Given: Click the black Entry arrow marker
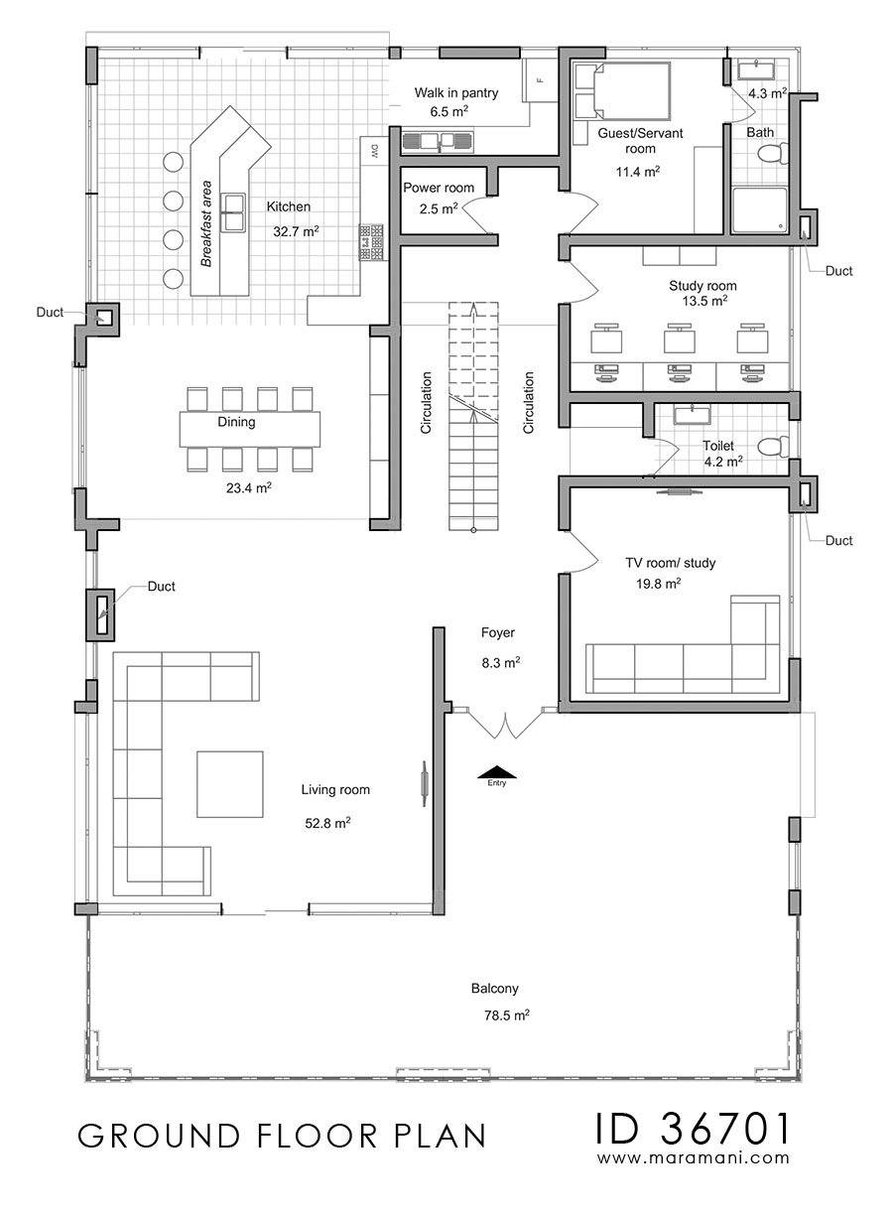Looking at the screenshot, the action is [496, 771].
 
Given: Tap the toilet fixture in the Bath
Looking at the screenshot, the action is [772, 153].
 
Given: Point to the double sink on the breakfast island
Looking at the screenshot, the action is [231, 211].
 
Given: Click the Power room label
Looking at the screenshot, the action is [439, 188].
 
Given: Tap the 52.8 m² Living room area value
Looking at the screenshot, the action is [327, 823].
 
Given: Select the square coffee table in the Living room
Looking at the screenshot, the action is [230, 784].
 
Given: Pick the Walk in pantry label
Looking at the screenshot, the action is [456, 93].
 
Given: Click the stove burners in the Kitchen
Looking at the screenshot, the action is [372, 242].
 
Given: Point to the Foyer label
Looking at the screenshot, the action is [498, 632].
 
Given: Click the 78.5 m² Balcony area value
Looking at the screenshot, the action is [507, 1015].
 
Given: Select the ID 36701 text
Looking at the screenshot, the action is [693, 1128].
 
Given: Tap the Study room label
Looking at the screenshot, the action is [702, 286].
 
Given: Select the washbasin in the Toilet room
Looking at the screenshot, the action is [693, 414].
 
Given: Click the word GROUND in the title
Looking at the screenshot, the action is [159, 1136].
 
